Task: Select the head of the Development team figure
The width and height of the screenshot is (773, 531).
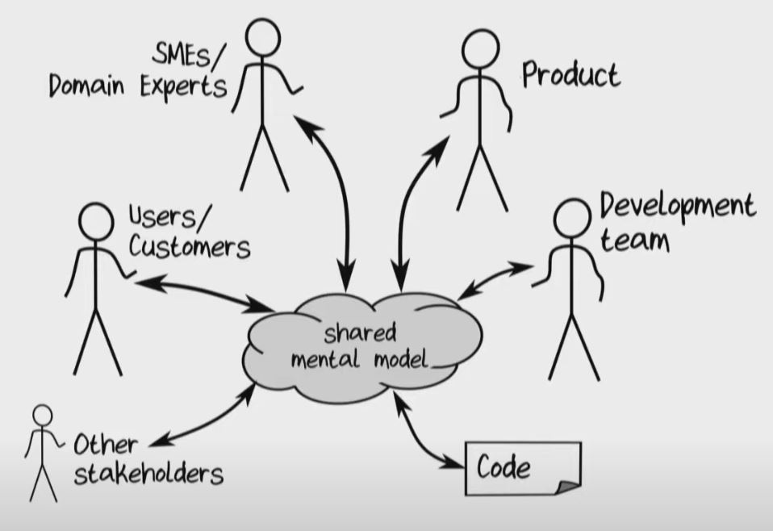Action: (572, 218)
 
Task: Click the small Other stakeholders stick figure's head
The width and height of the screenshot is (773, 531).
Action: (42, 415)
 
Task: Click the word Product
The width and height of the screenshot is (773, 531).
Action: (570, 75)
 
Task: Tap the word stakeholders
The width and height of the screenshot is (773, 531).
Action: (148, 474)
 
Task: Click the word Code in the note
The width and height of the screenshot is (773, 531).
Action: (503, 467)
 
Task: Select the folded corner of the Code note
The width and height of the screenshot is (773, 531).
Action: (569, 484)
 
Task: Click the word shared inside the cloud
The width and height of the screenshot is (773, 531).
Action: (360, 333)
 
